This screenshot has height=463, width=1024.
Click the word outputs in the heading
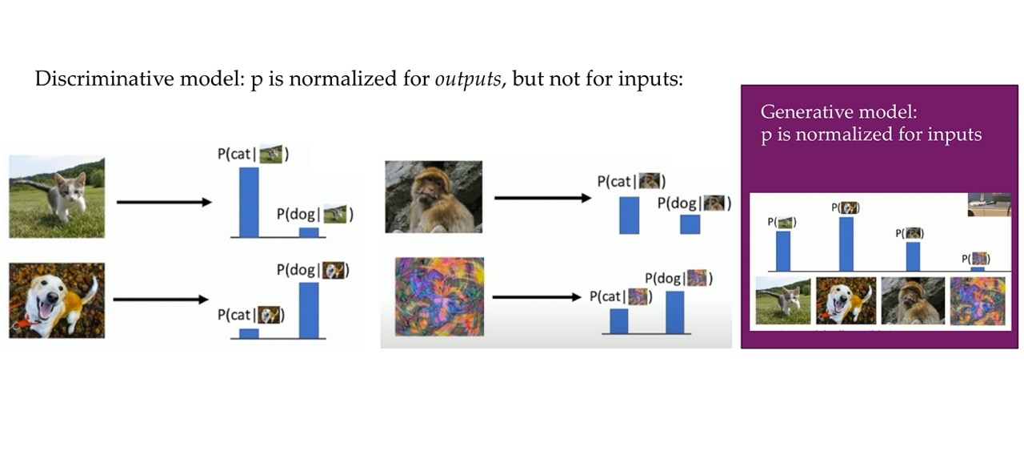pos(468,79)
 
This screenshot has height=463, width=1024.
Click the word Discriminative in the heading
pos(103,79)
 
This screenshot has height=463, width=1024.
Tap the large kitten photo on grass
pos(57,197)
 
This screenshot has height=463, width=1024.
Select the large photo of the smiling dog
pos(57,300)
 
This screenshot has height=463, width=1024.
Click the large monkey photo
pos(434,197)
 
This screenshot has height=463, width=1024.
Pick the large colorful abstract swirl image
pos(439,296)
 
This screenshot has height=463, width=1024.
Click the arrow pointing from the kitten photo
pos(165,202)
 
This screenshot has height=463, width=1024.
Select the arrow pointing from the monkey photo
pos(543,198)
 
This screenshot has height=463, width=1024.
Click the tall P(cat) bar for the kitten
pos(249,202)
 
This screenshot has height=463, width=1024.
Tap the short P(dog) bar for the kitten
pos(309,232)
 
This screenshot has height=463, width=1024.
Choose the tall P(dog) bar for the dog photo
pos(309,311)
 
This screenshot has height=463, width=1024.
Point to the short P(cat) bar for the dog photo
pos(249,333)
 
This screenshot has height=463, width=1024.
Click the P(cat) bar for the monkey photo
pos(630,215)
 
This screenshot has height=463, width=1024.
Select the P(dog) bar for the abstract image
pos(675,312)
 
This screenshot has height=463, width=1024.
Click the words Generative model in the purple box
pos(838,112)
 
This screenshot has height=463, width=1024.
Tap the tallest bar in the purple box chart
pos(846,244)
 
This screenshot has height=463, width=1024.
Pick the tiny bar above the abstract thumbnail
pos(978,269)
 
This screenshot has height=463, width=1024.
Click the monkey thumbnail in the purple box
pos(913,301)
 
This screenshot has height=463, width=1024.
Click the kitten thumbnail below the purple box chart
pos(783,300)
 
